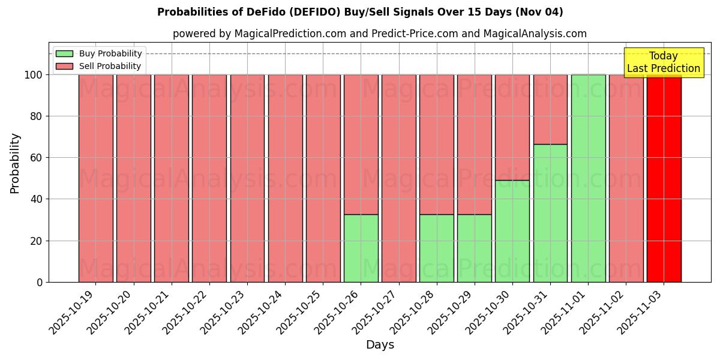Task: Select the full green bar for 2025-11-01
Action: (x=588, y=178)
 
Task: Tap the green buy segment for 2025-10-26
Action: (x=361, y=248)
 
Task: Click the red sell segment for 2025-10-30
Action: (x=512, y=127)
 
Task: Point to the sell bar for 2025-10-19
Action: (x=95, y=178)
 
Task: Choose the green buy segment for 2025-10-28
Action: (x=437, y=248)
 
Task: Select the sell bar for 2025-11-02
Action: (x=626, y=178)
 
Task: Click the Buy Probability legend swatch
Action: (x=64, y=54)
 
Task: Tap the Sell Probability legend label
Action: (x=110, y=66)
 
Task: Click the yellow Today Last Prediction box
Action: (x=664, y=62)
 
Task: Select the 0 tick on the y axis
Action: (x=40, y=282)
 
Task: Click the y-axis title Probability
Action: (x=15, y=163)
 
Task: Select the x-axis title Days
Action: (x=380, y=345)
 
